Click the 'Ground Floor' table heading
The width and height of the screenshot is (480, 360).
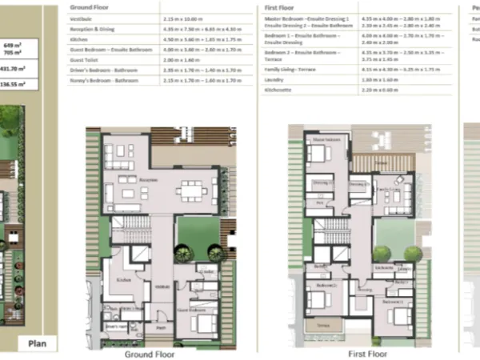coord(89,6)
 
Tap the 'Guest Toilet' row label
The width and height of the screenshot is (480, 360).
coord(90,58)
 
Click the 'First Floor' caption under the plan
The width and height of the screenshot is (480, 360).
coord(366,353)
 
